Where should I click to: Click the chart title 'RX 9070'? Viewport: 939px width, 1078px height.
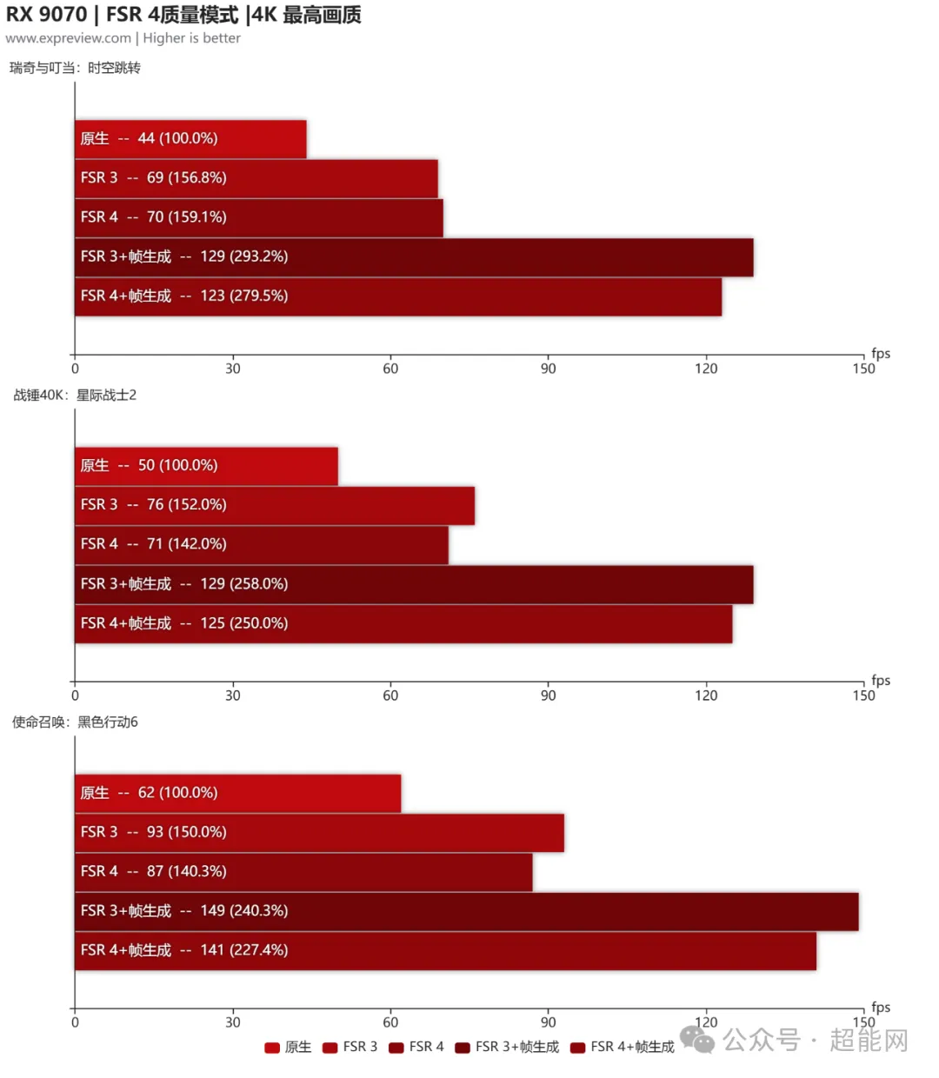pyautogui.click(x=47, y=15)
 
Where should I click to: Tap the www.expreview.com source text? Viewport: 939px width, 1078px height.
pyautogui.click(x=68, y=38)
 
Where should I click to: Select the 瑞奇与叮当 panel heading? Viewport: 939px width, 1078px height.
pyautogui.click(x=75, y=68)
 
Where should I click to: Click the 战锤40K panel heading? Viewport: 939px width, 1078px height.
pyautogui.click(x=75, y=395)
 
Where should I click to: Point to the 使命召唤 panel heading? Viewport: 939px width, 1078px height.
pyautogui.click(x=75, y=722)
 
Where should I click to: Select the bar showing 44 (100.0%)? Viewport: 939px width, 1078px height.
pyautogui.click(x=190, y=139)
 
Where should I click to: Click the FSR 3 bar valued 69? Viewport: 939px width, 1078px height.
pyautogui.click(x=256, y=178)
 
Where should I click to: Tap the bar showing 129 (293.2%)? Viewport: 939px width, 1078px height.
pyautogui.click(x=414, y=257)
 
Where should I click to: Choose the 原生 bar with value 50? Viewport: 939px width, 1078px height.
pyautogui.click(x=206, y=466)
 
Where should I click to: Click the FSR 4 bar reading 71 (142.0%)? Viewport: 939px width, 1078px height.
pyautogui.click(x=262, y=545)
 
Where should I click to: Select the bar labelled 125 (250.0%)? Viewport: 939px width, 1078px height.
pyautogui.click(x=403, y=624)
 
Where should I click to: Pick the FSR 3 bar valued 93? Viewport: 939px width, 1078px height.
pyautogui.click(x=319, y=833)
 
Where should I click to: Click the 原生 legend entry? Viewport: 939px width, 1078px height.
pyautogui.click(x=289, y=1047)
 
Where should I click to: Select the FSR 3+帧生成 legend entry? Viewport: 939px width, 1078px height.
pyautogui.click(x=508, y=1047)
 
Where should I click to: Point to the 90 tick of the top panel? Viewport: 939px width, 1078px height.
pyautogui.click(x=548, y=369)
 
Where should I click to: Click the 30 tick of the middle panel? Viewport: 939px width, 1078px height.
pyautogui.click(x=232, y=695)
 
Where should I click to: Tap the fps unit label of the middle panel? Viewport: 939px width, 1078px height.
pyautogui.click(x=881, y=680)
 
